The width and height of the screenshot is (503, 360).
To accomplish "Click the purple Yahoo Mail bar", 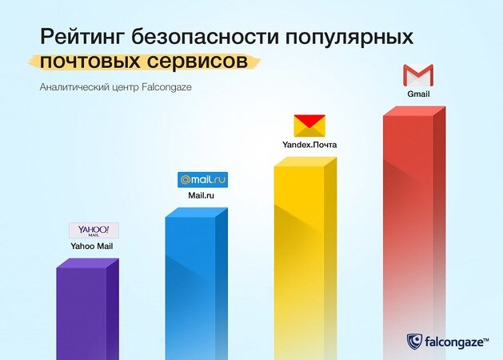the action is pos(88,310).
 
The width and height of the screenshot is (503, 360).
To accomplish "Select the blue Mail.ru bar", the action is pos(197,284).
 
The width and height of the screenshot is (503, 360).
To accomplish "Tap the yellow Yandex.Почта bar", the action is pos(305,258).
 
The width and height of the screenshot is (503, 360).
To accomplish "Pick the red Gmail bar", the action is pos(414,234).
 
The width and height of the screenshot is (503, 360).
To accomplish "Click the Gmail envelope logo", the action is pos(418,75).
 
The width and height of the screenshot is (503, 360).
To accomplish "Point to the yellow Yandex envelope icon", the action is pos(309,126).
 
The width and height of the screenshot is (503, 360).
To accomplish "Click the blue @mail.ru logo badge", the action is pos(203,180).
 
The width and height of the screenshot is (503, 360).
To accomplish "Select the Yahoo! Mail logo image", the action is pos(94,230).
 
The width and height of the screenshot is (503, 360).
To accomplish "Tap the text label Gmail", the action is pos(418,94).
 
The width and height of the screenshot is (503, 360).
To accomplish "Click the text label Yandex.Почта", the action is pos(309,145).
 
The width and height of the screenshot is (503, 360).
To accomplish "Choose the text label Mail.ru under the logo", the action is pos(202,195).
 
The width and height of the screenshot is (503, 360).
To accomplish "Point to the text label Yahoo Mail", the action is pos(92,246).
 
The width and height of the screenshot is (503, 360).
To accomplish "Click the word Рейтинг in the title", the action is pos(82,38).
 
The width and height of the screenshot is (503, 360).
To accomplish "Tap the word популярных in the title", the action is pos(349,38).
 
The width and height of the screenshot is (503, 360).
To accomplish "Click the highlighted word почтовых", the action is pos(90,61).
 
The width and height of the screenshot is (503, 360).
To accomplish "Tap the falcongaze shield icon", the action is pos(414,342).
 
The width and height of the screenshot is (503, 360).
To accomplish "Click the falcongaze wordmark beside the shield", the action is pos(457,342).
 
